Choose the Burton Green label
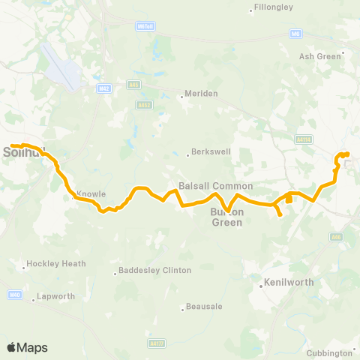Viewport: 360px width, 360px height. (226, 217)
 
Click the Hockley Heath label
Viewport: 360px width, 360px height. (56, 264)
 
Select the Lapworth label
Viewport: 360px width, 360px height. (56, 296)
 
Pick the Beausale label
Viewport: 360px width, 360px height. (203, 308)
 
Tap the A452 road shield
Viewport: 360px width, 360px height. (145, 105)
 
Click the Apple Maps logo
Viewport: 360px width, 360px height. (28, 347)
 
